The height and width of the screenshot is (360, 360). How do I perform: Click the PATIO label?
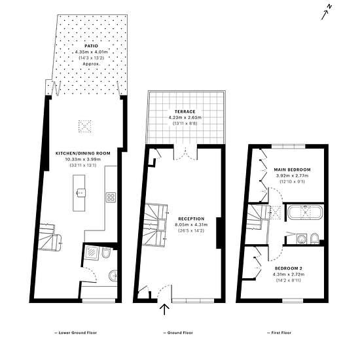[x=91, y=46]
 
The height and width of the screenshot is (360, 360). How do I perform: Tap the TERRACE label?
[x=185, y=111]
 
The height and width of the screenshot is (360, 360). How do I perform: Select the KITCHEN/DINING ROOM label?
[x=83, y=153]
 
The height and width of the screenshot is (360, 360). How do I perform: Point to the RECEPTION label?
[x=191, y=219]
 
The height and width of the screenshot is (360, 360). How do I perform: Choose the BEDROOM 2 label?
[x=289, y=268]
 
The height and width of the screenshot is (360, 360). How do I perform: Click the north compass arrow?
[x=325, y=13]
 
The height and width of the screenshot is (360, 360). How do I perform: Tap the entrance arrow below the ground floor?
[x=164, y=309]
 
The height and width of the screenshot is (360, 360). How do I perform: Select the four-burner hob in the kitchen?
[x=111, y=198]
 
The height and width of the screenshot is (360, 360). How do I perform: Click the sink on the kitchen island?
[x=81, y=193]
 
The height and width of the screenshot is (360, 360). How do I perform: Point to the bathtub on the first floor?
[x=306, y=213]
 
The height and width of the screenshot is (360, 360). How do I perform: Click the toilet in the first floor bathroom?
[x=315, y=238]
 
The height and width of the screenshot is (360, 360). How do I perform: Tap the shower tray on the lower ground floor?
[x=92, y=253]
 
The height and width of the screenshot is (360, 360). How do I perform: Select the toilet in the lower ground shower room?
[x=107, y=253]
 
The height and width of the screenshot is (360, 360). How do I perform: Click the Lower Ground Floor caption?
[x=75, y=333]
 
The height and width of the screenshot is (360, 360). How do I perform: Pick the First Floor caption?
[x=279, y=333]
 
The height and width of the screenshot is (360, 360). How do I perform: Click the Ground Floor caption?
[x=178, y=333]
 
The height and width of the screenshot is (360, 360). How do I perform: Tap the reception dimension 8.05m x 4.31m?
[x=191, y=225]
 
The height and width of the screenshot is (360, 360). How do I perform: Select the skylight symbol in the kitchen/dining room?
[x=84, y=126]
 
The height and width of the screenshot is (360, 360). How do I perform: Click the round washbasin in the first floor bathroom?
[x=301, y=239]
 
